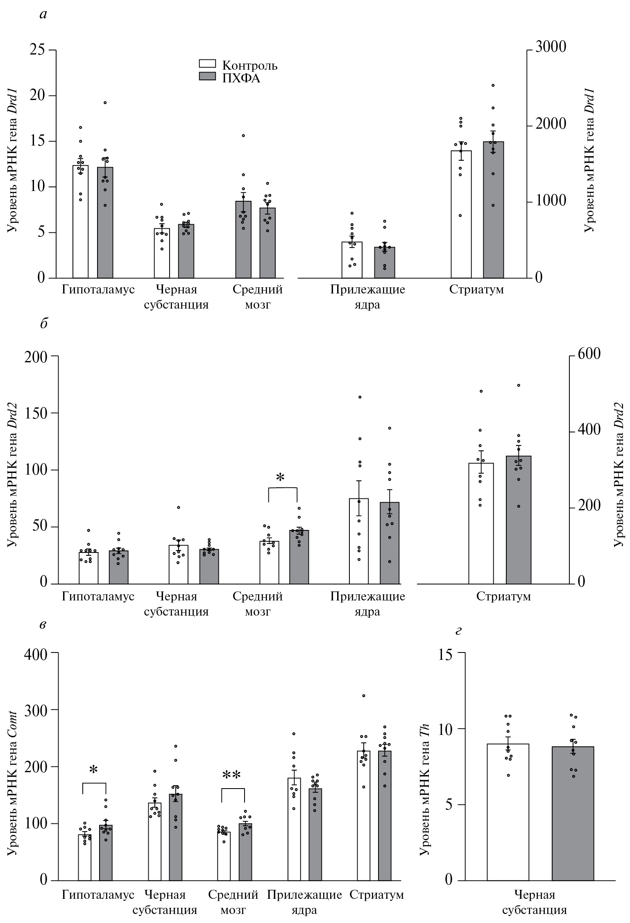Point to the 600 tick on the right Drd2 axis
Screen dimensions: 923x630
click(589, 353)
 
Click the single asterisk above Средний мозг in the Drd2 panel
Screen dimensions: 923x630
click(280, 477)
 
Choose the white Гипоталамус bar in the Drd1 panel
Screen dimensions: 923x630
click(81, 221)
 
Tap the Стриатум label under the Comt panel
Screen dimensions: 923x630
click(376, 894)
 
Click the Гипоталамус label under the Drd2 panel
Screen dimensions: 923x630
click(98, 596)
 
